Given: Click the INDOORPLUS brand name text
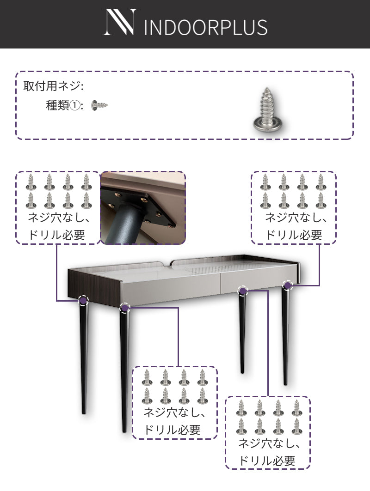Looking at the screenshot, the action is (x=206, y=27).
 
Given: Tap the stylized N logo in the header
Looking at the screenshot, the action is (x=120, y=22).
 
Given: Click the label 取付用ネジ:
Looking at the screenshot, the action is (x=53, y=86).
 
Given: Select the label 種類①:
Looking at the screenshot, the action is (x=65, y=105).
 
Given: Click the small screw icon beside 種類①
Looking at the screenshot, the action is (x=100, y=105).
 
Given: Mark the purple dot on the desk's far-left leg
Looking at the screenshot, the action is (x=83, y=301).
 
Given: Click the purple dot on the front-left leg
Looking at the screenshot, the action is (x=125, y=308).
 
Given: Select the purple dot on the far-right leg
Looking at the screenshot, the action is (x=287, y=285).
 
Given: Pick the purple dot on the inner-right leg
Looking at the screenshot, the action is (x=243, y=291).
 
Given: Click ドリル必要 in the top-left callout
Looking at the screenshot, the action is (x=56, y=235).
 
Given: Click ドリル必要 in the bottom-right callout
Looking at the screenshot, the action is (x=267, y=461).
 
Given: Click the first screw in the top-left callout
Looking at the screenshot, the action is (x=31, y=182).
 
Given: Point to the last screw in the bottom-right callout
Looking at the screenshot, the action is (x=296, y=426).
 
